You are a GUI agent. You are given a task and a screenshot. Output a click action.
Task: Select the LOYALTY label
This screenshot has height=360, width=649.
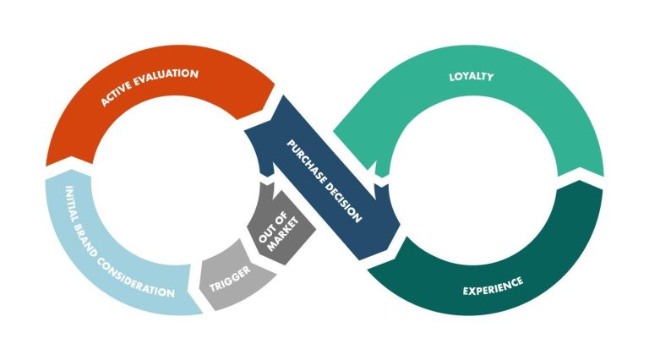point(472,78)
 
